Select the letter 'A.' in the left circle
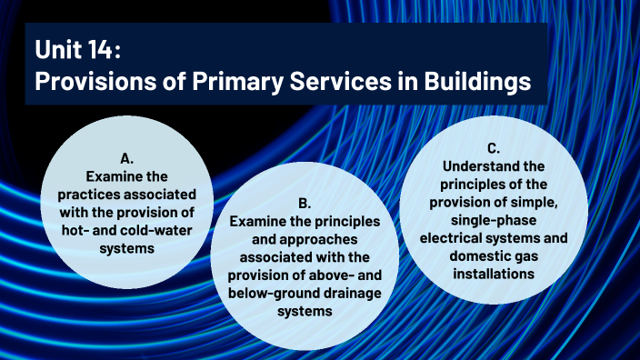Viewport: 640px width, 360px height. click(127, 156)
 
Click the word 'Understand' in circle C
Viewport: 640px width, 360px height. click(478, 166)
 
